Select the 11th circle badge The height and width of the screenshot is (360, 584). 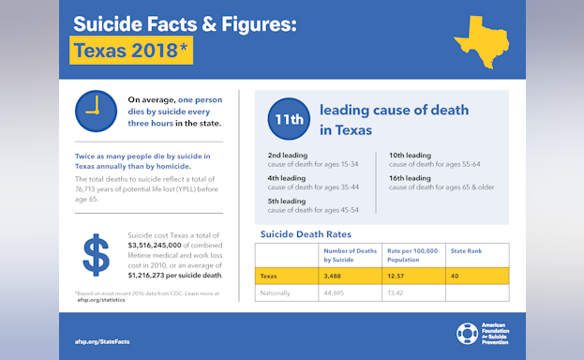coord(288,119)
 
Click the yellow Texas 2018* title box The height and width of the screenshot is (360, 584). coord(133,51)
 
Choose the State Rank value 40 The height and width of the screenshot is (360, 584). coord(455,276)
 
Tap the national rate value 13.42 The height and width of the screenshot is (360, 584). coord(397,292)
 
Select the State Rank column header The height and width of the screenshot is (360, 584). coord(466,250)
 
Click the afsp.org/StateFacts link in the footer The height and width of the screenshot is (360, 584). coord(102,341)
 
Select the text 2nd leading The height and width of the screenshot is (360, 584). coord(287,154)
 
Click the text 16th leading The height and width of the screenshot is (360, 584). coord(410,177)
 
